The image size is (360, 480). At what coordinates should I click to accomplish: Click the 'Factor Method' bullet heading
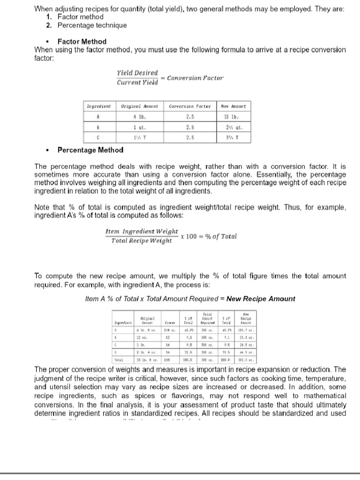[x=82, y=41]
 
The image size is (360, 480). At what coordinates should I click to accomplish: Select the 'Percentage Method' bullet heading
[x=90, y=150]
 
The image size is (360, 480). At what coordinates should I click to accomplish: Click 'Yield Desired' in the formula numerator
[x=137, y=73]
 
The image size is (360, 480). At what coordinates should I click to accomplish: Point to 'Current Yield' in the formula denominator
[x=137, y=83]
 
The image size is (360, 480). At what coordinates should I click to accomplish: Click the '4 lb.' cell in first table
[x=138, y=116]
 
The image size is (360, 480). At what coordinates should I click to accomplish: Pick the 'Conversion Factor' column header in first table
[x=190, y=106]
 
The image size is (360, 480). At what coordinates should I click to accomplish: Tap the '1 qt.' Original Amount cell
[x=138, y=127]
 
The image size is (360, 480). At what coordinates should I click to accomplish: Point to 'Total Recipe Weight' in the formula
[x=141, y=241]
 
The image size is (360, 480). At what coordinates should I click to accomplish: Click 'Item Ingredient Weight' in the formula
[x=142, y=231]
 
